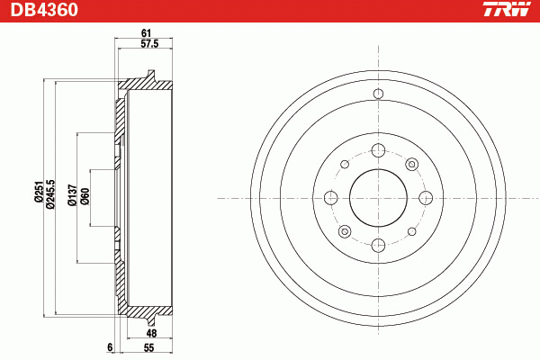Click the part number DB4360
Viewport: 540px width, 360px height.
click(x=44, y=10)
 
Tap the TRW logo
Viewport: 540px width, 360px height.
click(x=507, y=9)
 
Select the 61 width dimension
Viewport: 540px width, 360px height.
click(x=147, y=33)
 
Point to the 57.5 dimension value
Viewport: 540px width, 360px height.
click(x=149, y=44)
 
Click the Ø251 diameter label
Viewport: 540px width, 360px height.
click(x=38, y=191)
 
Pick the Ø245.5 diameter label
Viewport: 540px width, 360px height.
click(x=49, y=193)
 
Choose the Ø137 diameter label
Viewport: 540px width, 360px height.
click(x=72, y=195)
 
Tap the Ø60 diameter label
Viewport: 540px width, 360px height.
click(x=85, y=196)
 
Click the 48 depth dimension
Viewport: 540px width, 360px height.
click(x=151, y=333)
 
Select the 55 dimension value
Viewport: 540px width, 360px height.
click(x=148, y=347)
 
